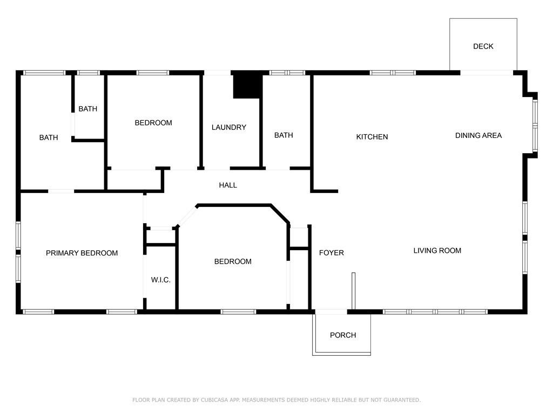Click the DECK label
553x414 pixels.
(483, 46)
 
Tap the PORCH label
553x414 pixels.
(343, 335)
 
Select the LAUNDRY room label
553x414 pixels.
(228, 127)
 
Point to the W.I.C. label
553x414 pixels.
(160, 280)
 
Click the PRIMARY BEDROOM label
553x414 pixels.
(82, 253)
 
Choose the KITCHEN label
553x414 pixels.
(372, 137)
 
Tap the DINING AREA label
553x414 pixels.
(478, 135)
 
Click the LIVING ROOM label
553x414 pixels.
(437, 251)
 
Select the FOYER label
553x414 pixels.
(331, 253)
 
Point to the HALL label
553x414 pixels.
(228, 185)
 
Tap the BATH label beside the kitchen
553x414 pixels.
(284, 135)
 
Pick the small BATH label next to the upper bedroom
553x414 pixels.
(88, 109)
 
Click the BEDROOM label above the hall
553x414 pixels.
(153, 123)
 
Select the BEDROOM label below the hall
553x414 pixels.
(233, 261)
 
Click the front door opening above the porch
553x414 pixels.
(331, 312)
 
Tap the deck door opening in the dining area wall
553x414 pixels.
(486, 73)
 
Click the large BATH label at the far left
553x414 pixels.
(49, 138)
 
